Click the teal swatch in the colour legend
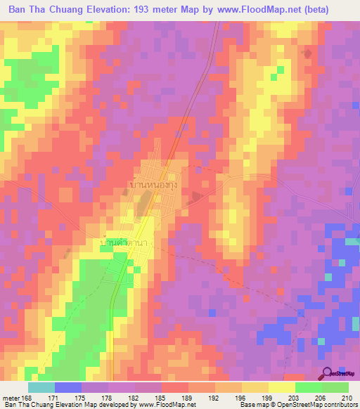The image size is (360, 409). [x=41, y=388]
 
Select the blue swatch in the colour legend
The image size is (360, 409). [x=68, y=388]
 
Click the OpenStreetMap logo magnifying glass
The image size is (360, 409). [x=328, y=373]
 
